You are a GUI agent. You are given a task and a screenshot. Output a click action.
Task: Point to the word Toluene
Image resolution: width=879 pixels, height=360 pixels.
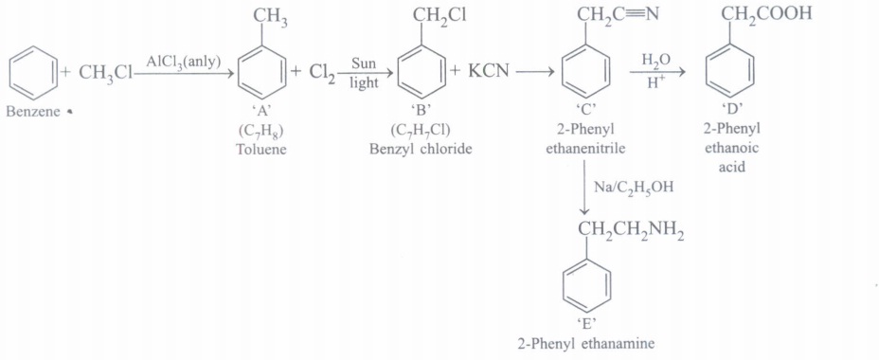point(260,150)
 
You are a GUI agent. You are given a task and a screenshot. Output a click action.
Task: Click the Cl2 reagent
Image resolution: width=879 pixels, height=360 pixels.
point(322,74)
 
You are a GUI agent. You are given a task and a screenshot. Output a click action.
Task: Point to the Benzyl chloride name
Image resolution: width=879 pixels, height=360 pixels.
point(421,150)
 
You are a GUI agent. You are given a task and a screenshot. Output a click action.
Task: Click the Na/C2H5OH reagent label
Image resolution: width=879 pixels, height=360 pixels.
point(633,188)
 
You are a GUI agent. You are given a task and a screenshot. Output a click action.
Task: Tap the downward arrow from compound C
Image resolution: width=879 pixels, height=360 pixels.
point(584,187)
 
